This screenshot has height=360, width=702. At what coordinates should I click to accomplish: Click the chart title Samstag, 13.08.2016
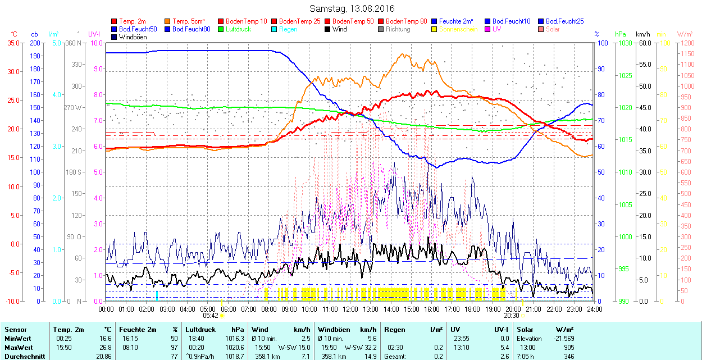point(352,8)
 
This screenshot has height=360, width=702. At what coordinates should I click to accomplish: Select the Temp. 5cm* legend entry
point(188,21)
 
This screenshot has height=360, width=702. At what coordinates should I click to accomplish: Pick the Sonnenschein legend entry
point(458,29)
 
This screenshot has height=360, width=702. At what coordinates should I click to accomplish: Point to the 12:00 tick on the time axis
point(350,309)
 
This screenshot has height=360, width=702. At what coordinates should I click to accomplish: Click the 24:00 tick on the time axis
point(594,309)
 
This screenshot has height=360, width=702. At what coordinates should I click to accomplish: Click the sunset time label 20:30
point(512,316)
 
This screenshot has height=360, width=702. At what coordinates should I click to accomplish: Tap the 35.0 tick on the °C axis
point(11,43)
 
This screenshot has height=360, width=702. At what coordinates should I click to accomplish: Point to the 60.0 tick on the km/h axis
point(644,43)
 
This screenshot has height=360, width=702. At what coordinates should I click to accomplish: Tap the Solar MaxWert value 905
point(568,347)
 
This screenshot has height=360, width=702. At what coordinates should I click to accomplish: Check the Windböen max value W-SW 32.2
point(360,347)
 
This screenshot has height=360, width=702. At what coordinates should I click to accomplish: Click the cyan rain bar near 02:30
point(157,295)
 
